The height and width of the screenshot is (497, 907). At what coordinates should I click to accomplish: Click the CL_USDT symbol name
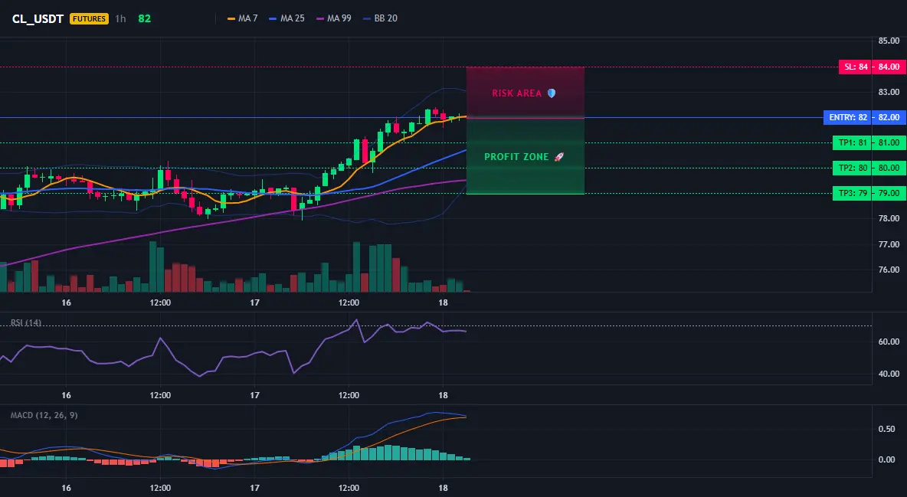(x=38, y=18)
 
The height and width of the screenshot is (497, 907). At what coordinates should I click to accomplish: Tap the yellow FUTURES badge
(x=89, y=18)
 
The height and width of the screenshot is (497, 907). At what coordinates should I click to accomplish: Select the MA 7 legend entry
(x=242, y=18)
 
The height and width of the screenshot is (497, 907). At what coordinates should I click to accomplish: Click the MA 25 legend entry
(x=287, y=18)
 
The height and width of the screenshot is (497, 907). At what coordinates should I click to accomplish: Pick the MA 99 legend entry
(x=333, y=18)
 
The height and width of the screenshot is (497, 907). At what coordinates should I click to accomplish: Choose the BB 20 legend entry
(x=380, y=18)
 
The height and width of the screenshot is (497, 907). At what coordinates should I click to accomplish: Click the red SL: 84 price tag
(x=873, y=67)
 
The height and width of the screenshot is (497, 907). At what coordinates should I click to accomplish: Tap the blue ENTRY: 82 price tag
(x=865, y=117)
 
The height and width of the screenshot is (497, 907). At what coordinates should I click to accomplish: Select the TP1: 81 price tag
(x=869, y=143)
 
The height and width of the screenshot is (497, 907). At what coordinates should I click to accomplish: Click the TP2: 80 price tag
(x=869, y=168)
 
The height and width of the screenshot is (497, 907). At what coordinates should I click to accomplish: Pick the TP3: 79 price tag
(x=869, y=193)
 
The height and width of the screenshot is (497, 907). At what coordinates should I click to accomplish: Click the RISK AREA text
(x=516, y=93)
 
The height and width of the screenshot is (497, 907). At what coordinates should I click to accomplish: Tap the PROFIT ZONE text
(x=516, y=157)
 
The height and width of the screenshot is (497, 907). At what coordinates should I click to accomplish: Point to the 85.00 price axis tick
(x=889, y=41)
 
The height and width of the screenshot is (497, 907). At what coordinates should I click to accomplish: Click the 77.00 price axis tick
(x=889, y=244)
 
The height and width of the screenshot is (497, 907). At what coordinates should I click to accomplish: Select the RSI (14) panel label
(x=26, y=323)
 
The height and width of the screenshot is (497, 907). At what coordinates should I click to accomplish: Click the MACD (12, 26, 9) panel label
(x=44, y=415)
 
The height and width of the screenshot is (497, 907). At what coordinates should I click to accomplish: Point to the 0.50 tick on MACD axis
(x=887, y=430)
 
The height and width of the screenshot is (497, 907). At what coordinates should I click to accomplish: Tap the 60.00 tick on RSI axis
(x=889, y=342)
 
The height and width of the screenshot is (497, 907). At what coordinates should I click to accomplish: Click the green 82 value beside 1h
(x=145, y=18)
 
